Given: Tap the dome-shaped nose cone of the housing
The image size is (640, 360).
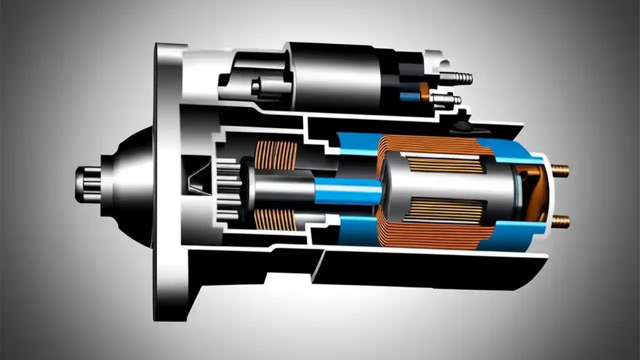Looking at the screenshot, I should (127, 185).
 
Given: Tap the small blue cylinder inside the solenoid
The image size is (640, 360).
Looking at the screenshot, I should (409, 96).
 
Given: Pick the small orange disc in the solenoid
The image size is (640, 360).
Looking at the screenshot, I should (424, 91).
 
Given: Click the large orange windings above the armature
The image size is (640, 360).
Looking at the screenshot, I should (430, 145).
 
